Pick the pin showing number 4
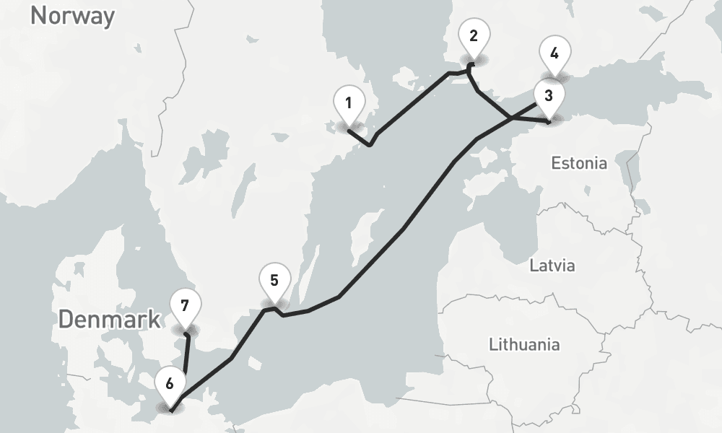[554, 55]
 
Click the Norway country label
[72, 14]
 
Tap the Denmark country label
[110, 320]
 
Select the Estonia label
[579, 163]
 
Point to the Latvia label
[552, 266]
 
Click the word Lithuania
[523, 344]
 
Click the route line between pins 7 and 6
[186, 357]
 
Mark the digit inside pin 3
[549, 95]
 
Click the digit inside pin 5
[274, 279]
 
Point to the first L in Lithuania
[493, 344]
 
